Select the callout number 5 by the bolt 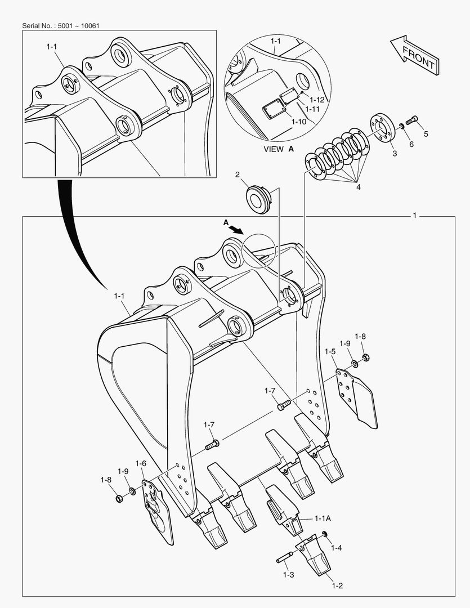426,134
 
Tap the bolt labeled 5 411,119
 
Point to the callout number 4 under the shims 358,188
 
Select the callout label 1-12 316,99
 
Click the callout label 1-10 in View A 299,121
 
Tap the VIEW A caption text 279,149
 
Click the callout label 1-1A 323,518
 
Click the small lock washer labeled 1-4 324,534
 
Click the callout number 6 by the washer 411,144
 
